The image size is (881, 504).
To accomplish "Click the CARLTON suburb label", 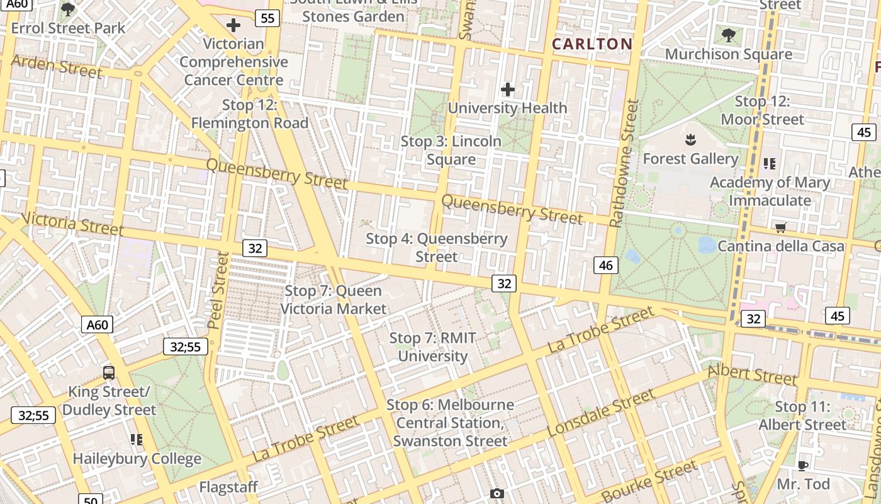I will (x=592, y=43).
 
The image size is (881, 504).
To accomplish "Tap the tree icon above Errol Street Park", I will (x=68, y=9).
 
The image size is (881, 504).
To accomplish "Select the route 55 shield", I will (x=267, y=18).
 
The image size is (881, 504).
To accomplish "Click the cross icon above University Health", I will (x=507, y=90).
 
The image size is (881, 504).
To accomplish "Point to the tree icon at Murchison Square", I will (x=729, y=35).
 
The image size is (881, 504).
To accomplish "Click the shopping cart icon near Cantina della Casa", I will (x=781, y=227).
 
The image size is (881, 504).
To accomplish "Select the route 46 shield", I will (x=606, y=265).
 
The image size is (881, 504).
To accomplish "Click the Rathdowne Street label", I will (x=624, y=163).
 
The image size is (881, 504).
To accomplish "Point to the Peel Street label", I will (x=218, y=290).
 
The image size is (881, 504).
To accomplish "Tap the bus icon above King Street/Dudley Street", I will (x=109, y=372).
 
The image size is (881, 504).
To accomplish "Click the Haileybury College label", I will (x=137, y=458).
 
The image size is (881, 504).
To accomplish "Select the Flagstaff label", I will (x=228, y=487).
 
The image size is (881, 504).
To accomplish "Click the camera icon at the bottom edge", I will (x=497, y=494).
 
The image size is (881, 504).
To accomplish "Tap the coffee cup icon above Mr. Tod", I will (x=803, y=466).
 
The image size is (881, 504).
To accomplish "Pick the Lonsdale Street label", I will (x=601, y=413).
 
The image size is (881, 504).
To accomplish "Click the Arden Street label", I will (x=57, y=66).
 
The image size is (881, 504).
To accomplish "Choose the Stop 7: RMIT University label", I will (x=433, y=347).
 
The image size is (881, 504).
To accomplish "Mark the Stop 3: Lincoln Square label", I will (x=451, y=150).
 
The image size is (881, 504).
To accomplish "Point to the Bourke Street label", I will (x=649, y=480).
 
